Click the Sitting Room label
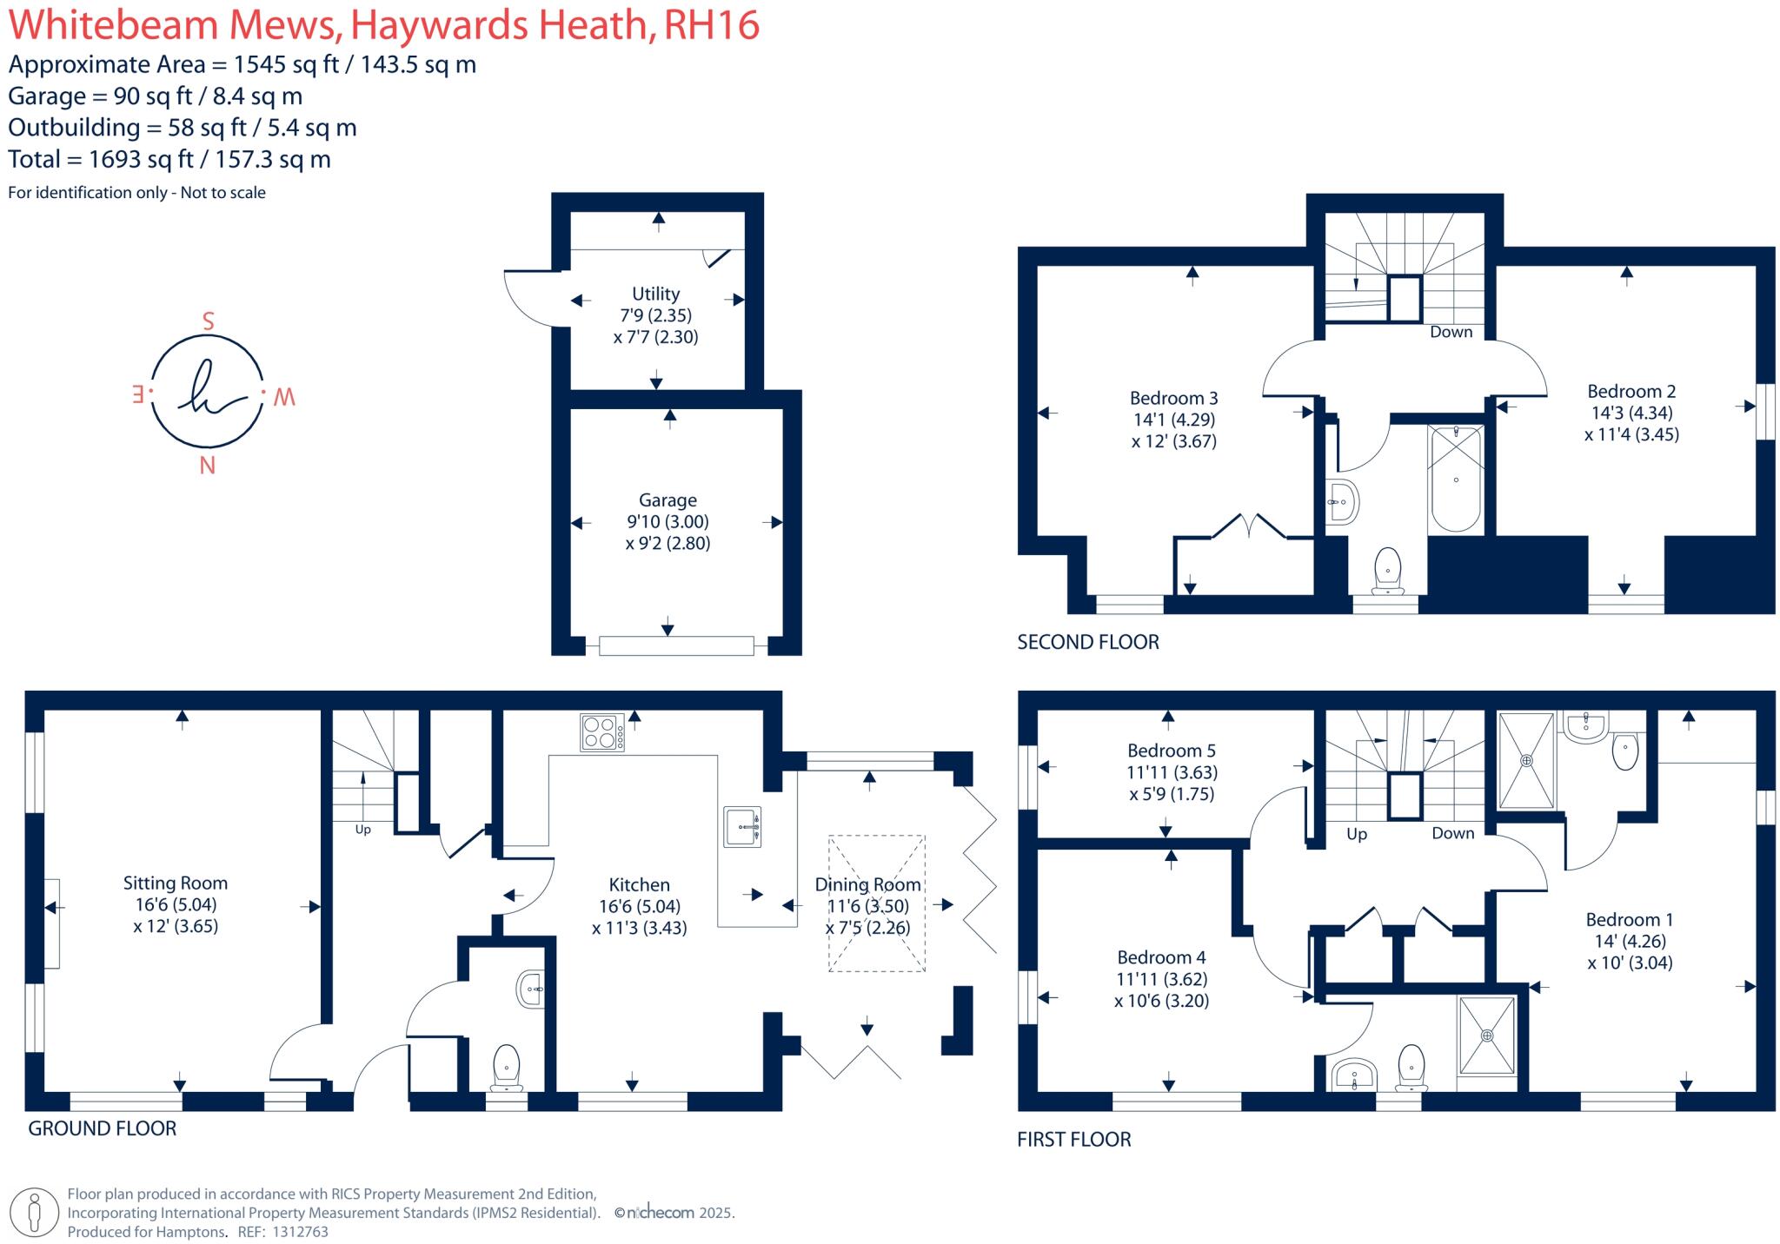175,883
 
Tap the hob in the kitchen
601,731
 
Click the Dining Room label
867,884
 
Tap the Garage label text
667,500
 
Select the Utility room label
655,294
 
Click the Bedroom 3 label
1173,398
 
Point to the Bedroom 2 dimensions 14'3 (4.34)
1631,413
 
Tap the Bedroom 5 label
1171,751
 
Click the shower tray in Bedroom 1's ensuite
1526,761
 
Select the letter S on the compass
208,321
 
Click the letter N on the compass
207,466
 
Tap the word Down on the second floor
1451,332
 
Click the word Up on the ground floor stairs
362,830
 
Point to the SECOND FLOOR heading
1087,642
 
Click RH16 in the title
711,25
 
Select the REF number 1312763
300,1231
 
